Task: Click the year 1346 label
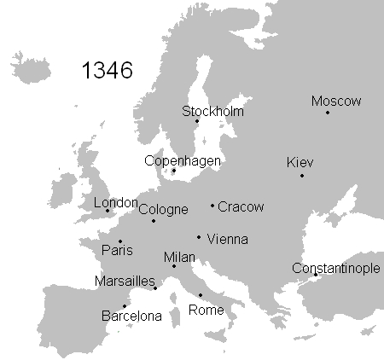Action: (x=107, y=71)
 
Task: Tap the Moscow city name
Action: (x=336, y=102)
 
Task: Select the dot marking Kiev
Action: (x=302, y=176)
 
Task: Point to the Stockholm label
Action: (x=212, y=112)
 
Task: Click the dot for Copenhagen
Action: (x=174, y=170)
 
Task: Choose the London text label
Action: (x=115, y=203)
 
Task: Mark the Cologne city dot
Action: (x=154, y=221)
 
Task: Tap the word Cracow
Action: (x=241, y=206)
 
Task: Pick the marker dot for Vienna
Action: (x=199, y=237)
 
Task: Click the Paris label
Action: (x=117, y=251)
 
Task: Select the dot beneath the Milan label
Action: (x=174, y=266)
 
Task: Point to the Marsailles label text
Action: (x=125, y=282)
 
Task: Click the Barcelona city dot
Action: (x=125, y=306)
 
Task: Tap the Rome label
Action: (x=206, y=310)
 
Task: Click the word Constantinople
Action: (x=336, y=268)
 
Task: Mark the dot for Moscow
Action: (x=328, y=113)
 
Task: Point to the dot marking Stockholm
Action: (x=197, y=121)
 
